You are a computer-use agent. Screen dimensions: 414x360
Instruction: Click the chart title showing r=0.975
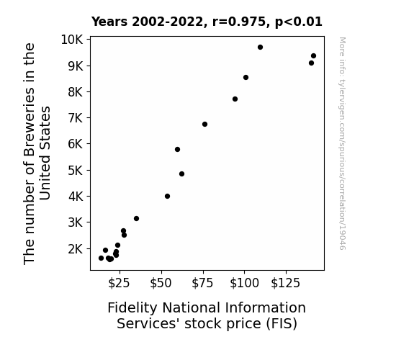tap(207, 22)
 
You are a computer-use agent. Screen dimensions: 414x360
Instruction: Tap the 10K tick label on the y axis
tap(72, 40)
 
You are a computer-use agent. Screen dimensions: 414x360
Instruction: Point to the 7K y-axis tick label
tap(76, 118)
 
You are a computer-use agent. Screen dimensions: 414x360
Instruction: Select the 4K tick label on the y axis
tap(76, 197)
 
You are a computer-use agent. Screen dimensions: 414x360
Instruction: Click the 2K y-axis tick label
tap(76, 248)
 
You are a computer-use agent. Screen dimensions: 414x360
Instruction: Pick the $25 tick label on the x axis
tap(119, 283)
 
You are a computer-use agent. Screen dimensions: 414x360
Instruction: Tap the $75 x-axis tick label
tap(202, 283)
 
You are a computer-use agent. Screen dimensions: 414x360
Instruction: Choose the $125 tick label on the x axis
tap(286, 283)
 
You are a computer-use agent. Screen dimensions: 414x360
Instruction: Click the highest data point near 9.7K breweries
tap(260, 48)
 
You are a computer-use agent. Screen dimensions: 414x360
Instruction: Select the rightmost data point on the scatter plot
tap(313, 55)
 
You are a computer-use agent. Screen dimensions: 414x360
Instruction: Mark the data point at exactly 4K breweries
tap(167, 197)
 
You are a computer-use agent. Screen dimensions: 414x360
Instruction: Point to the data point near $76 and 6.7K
tap(204, 124)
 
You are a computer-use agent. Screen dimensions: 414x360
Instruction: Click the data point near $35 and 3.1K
tap(136, 218)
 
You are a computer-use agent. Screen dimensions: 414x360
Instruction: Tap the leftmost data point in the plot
tap(101, 258)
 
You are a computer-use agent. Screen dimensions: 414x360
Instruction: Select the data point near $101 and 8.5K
tap(246, 77)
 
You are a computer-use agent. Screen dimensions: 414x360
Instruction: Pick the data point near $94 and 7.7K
tap(235, 99)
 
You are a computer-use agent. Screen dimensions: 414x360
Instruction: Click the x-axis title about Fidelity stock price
tap(207, 315)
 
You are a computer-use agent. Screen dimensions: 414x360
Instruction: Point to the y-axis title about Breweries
tap(37, 153)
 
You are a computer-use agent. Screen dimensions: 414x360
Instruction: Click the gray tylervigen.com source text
tap(342, 143)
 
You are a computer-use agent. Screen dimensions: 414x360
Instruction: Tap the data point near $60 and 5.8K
tap(177, 150)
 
